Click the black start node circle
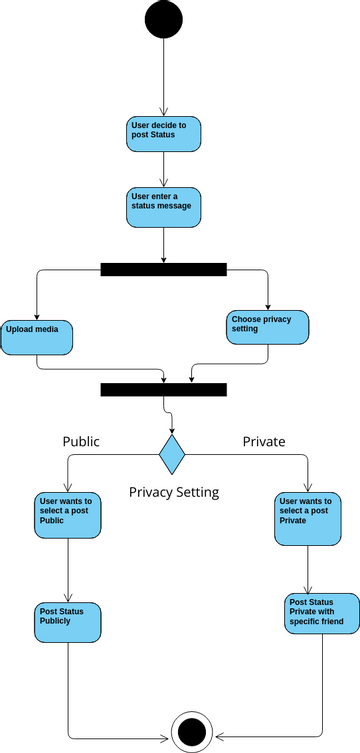coord(163,20)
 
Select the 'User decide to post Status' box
coord(163,133)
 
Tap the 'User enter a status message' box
coord(163,206)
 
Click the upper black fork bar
coord(163,269)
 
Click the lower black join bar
coord(163,389)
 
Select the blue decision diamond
coord(173,454)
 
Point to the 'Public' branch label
coord(81,441)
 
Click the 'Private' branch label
coord(264,441)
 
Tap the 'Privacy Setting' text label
coord(174,492)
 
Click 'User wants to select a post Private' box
coord(307,516)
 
